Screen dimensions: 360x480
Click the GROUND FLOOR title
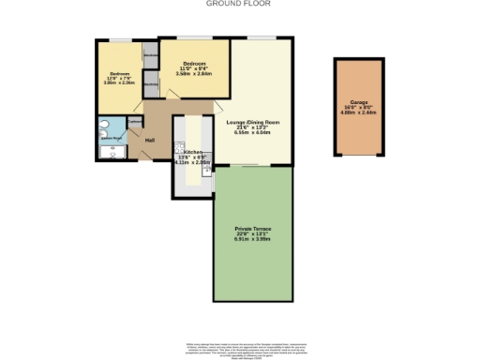239,4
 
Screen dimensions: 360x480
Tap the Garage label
358,104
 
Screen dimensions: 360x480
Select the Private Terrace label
252,230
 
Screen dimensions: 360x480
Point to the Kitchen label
193,151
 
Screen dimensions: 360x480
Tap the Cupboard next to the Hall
134,122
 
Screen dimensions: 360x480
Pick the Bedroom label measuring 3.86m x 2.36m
117,73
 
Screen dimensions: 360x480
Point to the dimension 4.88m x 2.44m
358,115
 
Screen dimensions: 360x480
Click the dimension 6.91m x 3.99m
252,241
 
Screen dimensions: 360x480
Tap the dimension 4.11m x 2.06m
192,162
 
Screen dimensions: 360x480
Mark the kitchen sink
206,172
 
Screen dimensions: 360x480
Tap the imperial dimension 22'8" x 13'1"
252,235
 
